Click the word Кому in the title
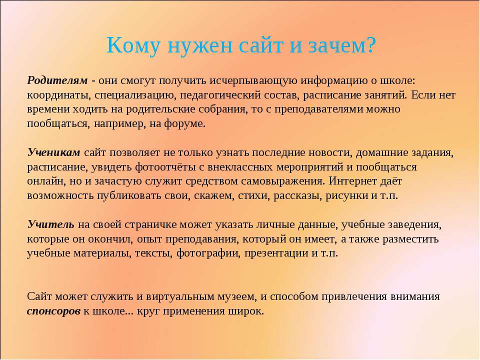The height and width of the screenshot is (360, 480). point(133,45)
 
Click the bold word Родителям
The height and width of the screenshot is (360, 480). point(57,80)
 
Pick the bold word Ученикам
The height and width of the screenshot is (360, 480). point(53,152)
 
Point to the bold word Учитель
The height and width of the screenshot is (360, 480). point(50,224)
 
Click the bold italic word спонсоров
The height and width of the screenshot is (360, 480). point(53,311)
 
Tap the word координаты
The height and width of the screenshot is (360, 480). point(59,95)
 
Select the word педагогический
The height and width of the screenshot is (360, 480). point(219,95)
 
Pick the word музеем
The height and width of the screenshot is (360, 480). point(236,297)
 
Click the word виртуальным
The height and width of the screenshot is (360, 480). point(179,297)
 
